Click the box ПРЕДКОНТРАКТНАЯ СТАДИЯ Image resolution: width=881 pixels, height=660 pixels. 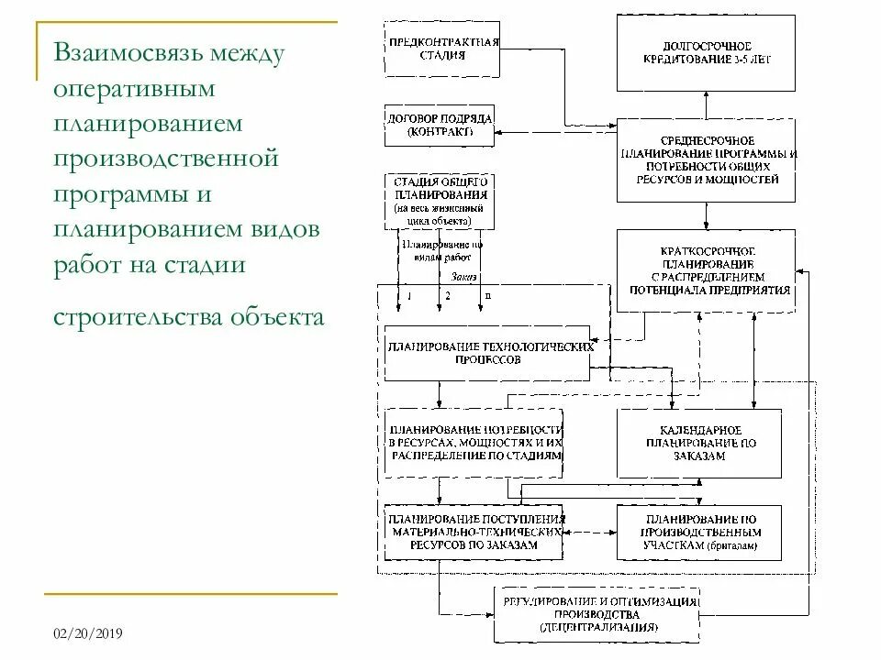[443, 49]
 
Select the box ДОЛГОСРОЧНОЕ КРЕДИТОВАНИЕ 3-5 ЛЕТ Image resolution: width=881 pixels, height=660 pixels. [706, 52]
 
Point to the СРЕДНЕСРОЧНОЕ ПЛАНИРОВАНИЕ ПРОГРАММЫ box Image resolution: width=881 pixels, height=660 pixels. [706, 159]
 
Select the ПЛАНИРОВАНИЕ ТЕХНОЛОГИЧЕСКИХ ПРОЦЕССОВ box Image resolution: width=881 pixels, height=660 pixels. [486, 353]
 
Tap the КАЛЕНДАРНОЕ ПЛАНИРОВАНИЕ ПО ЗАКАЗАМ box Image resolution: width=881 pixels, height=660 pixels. [699, 443]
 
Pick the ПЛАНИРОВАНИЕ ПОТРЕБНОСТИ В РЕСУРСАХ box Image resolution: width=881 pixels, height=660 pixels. [474, 442]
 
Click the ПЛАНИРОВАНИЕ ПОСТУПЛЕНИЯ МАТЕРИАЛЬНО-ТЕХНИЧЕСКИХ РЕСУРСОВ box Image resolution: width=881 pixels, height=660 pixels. [474, 532]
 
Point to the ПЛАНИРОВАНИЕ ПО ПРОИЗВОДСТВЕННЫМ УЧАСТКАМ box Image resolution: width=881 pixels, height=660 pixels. [699, 532]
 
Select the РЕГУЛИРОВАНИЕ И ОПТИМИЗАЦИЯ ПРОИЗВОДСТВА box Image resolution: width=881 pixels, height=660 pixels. [597, 614]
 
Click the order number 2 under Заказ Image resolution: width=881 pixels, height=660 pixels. [448, 296]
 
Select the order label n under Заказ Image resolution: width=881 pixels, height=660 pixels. [487, 296]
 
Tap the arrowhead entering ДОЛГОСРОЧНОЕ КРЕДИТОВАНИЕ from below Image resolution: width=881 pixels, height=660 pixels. [706, 94]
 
